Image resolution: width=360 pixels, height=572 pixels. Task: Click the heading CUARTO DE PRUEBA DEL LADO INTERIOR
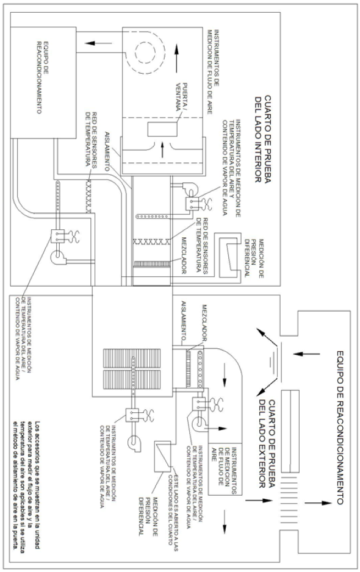click(263, 139)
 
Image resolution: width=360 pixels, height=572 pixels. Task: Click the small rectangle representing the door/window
click(162, 129)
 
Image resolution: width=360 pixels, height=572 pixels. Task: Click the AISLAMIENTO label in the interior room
click(107, 151)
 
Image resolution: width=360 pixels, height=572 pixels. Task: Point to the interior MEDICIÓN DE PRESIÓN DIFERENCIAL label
click(254, 259)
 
